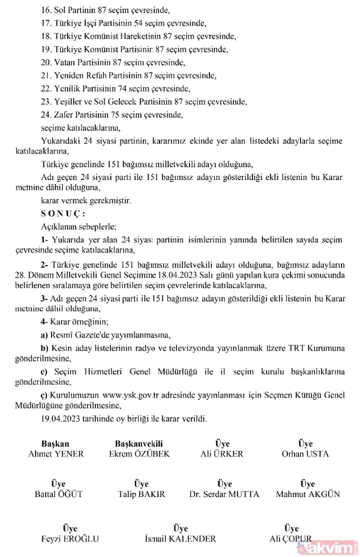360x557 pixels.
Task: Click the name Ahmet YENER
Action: tap(56, 454)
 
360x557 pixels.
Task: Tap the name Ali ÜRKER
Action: tap(222, 454)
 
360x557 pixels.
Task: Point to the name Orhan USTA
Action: tap(305, 454)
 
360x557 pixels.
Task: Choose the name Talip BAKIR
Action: tap(142, 495)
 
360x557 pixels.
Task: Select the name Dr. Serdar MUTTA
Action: tap(224, 495)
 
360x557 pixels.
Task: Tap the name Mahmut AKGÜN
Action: tap(308, 495)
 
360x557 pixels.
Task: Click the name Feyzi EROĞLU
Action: tap(71, 539)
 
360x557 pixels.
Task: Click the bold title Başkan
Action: tap(56, 444)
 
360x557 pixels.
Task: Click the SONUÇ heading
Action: tap(63, 213)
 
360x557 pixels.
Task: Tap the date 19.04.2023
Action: tap(62, 418)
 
